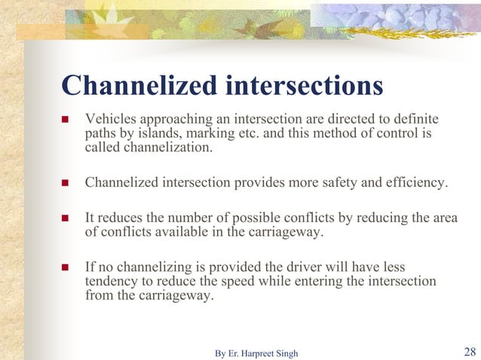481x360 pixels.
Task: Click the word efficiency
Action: (415, 182)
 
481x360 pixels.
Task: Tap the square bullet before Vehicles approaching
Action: (64, 121)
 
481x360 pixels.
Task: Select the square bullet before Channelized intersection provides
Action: (64, 182)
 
